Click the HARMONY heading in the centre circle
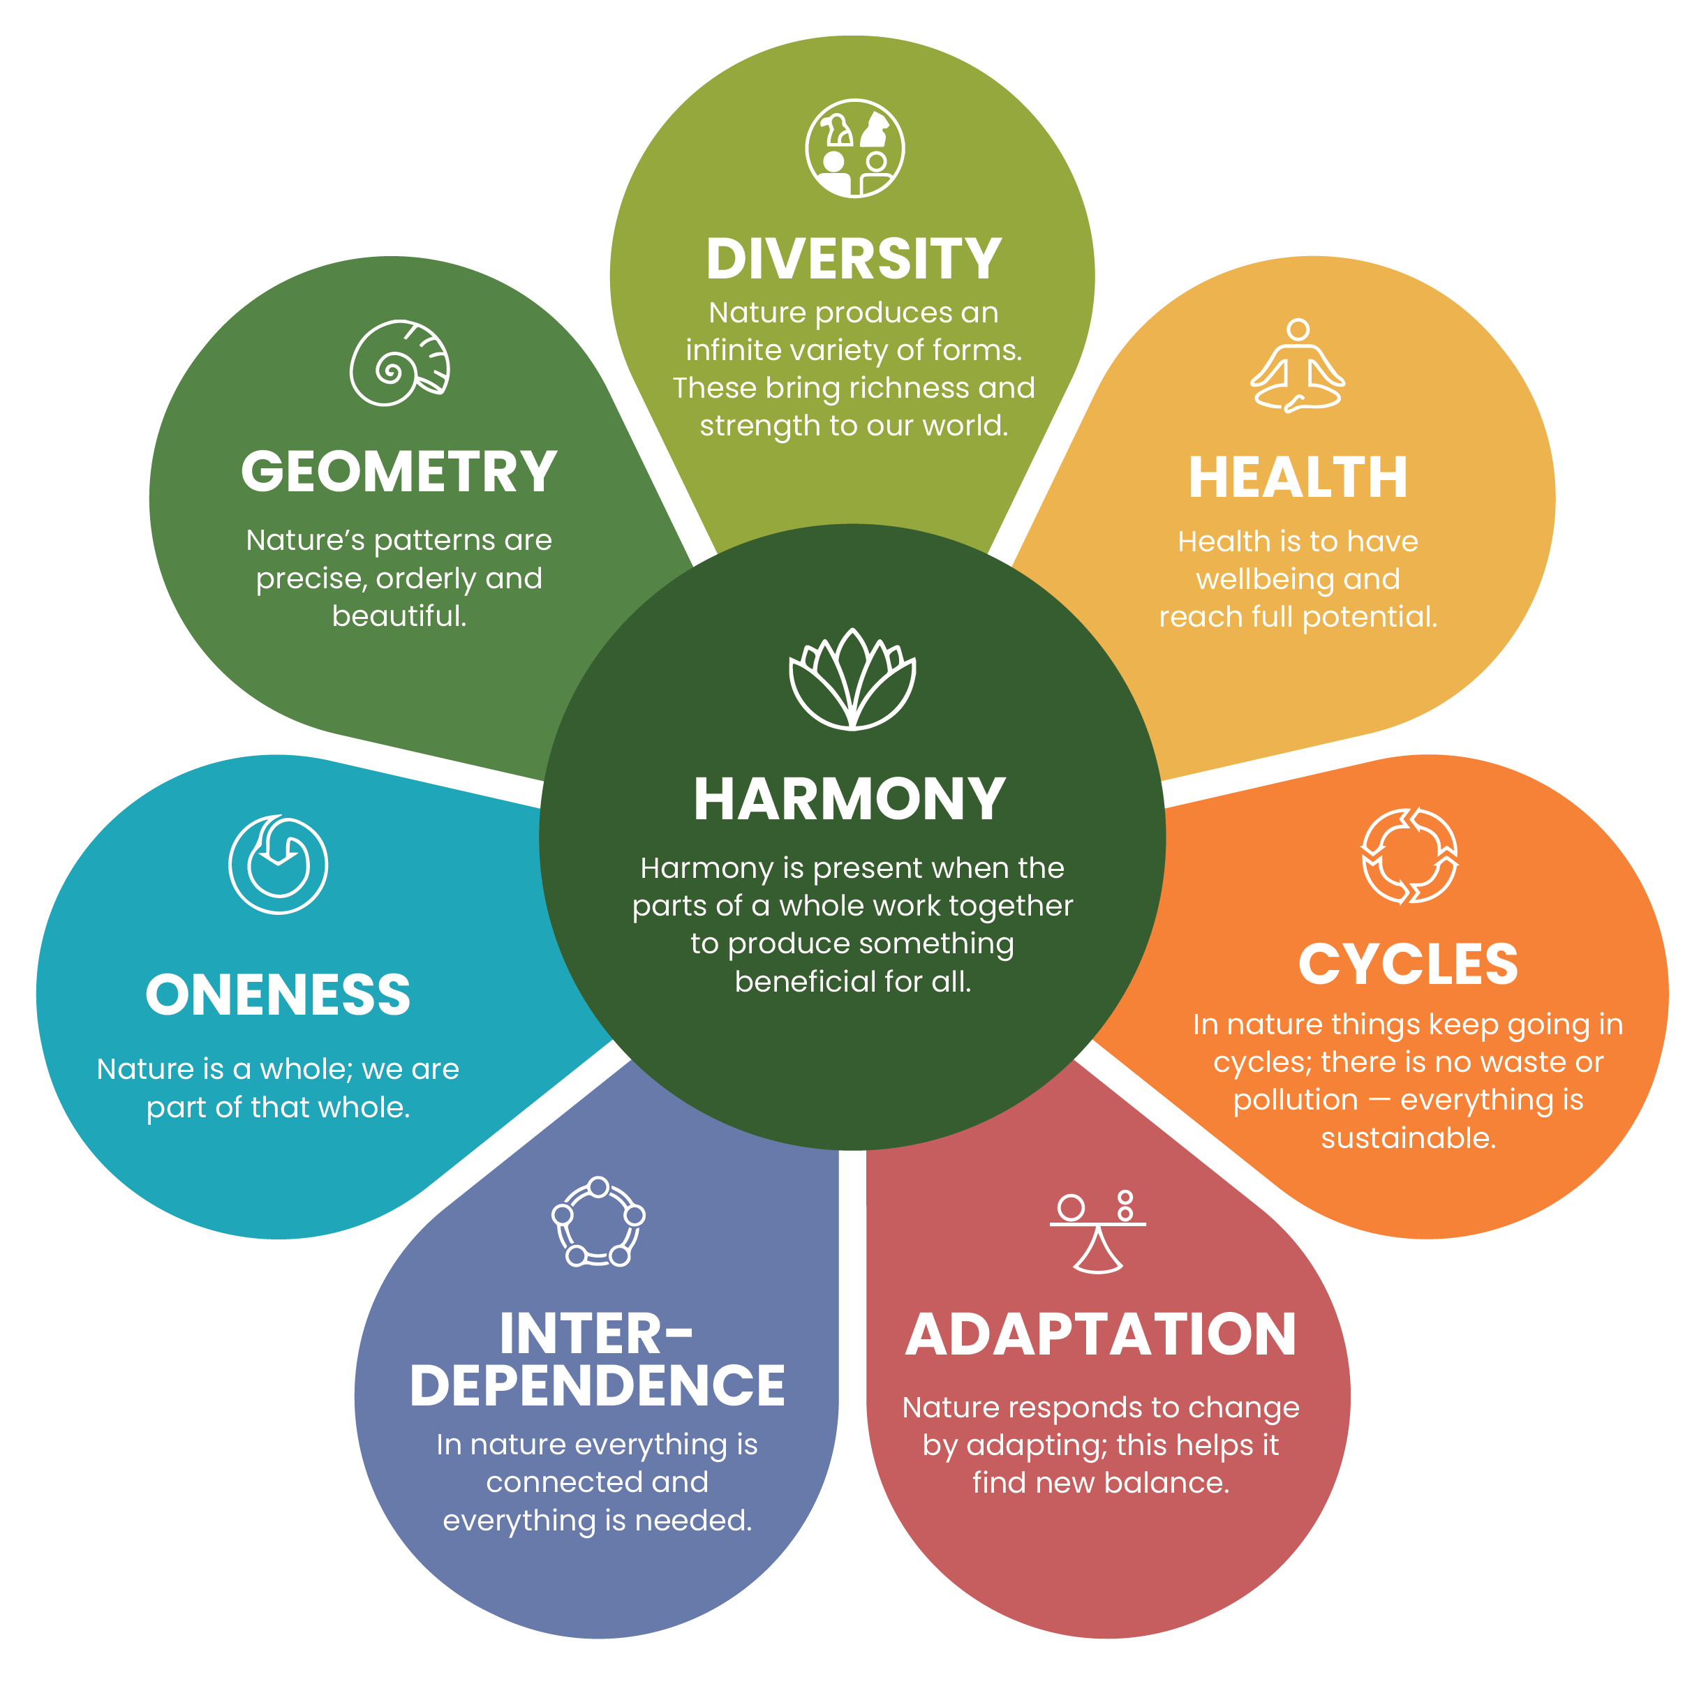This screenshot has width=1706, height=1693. (x=850, y=799)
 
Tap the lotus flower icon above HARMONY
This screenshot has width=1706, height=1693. (x=852, y=679)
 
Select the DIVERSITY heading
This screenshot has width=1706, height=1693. (x=853, y=260)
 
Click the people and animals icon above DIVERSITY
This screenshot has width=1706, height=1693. (x=854, y=148)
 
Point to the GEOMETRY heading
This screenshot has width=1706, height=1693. (x=399, y=471)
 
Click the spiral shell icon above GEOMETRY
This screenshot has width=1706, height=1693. (x=399, y=363)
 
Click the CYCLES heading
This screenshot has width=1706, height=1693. (x=1407, y=964)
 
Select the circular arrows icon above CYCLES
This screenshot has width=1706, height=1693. (x=1409, y=856)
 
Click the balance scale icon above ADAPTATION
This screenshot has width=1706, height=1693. (x=1097, y=1231)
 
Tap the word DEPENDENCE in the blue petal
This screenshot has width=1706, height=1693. (x=597, y=1385)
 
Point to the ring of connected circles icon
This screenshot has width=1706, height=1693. (x=598, y=1223)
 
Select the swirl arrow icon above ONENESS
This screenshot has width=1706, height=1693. (x=278, y=864)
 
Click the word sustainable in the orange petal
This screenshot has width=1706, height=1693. (x=1407, y=1138)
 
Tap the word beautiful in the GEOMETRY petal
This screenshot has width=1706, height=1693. (x=399, y=616)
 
